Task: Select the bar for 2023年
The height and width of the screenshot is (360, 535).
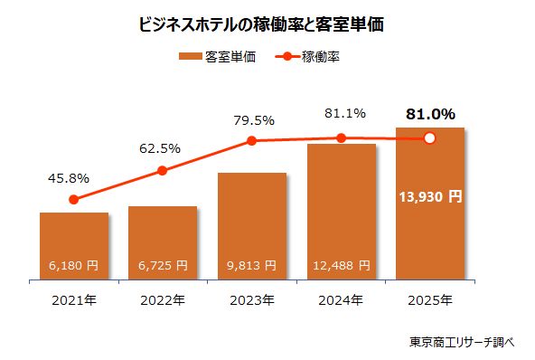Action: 252,226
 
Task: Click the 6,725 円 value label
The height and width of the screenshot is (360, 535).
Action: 163,266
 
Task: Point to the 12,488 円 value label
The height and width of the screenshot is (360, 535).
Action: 341,266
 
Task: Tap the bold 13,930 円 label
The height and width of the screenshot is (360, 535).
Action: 430,195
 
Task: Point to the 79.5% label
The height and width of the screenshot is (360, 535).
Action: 252,119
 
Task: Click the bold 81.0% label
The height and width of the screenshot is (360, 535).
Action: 430,114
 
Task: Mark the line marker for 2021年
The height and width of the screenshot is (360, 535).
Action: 74,199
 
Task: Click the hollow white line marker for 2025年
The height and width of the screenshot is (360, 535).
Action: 430,138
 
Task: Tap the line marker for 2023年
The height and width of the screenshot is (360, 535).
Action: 252,140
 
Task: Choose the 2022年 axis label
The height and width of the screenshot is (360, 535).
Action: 163,298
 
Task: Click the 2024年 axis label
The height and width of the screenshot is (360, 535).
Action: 341,298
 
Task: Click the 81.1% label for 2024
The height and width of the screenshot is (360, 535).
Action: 341,114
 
